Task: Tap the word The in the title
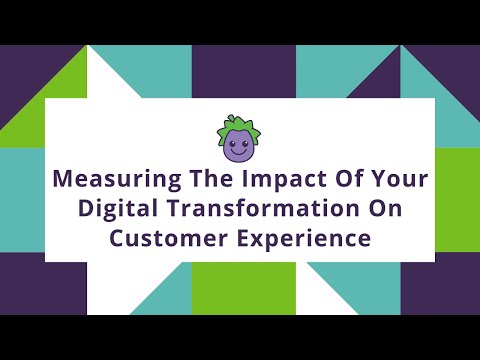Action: coord(200,183)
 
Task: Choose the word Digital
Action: coord(121,211)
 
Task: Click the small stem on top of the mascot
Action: coord(240,119)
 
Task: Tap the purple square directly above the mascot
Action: coord(240,71)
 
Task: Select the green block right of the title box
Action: coord(457,199)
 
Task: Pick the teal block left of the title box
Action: coord(22,199)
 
